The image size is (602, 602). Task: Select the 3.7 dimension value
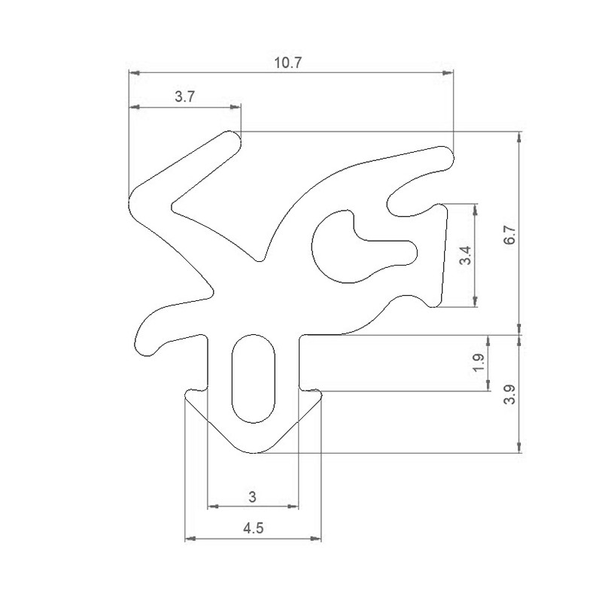[185, 97]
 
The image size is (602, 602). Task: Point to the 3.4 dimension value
[467, 256]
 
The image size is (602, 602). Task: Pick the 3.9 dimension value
[511, 394]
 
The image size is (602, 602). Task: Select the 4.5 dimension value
[253, 528]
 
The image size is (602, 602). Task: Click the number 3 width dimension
[252, 496]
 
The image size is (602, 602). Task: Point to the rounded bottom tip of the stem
[254, 451]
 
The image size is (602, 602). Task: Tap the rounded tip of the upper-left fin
[231, 138]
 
